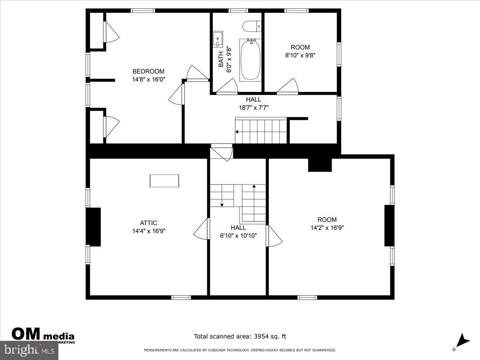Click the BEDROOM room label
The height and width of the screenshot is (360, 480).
148,71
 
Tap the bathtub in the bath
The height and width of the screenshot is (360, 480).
250,60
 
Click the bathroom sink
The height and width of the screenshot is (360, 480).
218,39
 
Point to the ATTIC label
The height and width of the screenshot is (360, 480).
148,223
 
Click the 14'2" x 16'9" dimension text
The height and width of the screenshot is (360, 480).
327,228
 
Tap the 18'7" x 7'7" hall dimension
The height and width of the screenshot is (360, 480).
253,107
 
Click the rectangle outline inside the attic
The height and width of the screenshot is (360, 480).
164,181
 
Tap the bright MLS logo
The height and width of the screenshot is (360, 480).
29,350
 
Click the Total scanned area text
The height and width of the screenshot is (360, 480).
240,337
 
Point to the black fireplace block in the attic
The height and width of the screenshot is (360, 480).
94,227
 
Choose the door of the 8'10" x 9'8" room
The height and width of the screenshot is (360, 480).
288,87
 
